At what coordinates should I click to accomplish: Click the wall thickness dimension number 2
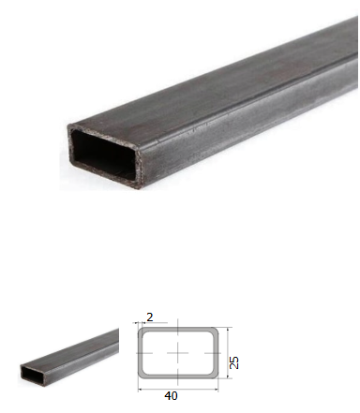tap(150, 317)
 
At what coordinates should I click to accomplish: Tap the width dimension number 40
tap(171, 396)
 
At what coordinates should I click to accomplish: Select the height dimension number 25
tap(234, 362)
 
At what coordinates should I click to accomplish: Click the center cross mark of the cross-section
tap(178, 353)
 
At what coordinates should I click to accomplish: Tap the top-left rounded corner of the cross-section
tap(142, 331)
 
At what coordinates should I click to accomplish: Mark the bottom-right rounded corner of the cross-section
tap(215, 376)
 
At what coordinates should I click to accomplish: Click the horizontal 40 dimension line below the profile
tap(178, 389)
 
